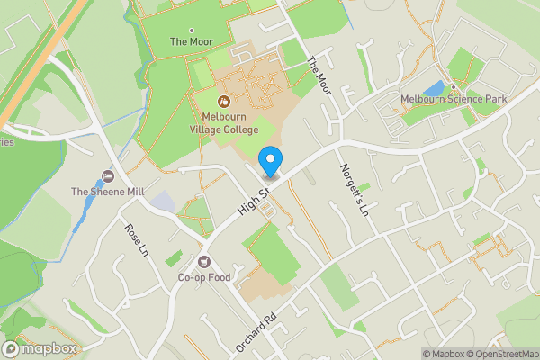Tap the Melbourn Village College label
[x=224, y=122]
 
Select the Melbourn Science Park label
[x=455, y=98]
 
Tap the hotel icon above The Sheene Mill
[x=109, y=175]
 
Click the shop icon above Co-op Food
[x=205, y=261]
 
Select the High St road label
[x=255, y=201]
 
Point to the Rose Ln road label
[x=136, y=240]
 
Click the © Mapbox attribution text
[x=444, y=354]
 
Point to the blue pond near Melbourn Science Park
[x=435, y=88]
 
